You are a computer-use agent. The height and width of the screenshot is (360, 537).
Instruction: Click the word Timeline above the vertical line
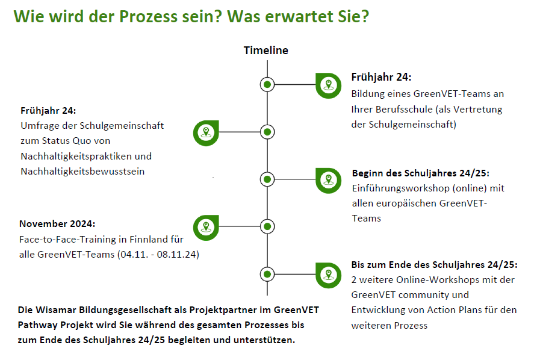[265, 51]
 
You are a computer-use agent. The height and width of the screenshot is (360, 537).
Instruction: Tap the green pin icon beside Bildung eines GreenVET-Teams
[327, 85]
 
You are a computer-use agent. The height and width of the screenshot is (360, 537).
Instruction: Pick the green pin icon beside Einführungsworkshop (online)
[327, 179]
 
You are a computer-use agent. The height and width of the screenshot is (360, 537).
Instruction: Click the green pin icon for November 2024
[206, 226]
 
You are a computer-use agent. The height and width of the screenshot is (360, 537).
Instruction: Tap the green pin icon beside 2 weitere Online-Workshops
[327, 274]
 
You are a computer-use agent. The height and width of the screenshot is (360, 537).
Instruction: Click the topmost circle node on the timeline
[267, 85]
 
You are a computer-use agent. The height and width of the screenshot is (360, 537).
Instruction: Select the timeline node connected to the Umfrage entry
[267, 132]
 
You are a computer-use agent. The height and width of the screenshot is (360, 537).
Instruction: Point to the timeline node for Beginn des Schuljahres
[267, 179]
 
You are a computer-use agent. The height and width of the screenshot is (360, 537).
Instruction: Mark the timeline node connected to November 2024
[267, 226]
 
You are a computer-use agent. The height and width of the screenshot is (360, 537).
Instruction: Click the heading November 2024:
[57, 224]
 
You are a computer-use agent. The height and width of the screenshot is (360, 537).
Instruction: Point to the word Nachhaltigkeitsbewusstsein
[82, 172]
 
